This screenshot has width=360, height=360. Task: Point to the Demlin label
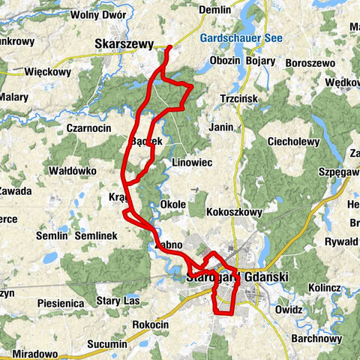point(214,10)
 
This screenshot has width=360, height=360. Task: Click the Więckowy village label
point(47,73)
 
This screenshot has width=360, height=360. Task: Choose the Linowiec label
point(193,162)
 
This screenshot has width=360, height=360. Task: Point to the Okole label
point(173,204)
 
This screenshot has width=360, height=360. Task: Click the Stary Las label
point(118,301)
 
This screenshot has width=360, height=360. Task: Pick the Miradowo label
point(35,352)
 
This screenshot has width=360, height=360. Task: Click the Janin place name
point(221,127)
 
